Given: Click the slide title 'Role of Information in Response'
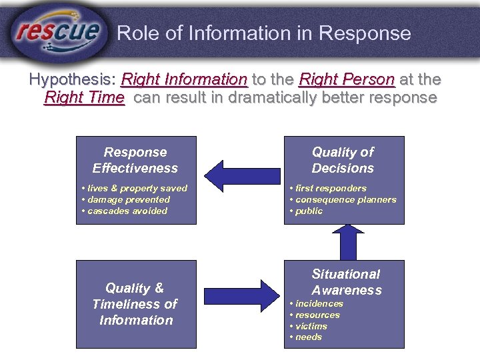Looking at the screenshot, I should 264,33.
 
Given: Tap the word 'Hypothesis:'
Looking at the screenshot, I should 72,79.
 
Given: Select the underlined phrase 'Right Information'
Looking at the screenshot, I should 184,79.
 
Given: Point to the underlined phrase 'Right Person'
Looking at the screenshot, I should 347,79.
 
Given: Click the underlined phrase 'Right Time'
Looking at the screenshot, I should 84,98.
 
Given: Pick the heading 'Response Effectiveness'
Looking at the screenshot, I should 135,160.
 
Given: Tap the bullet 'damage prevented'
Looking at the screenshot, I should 127,199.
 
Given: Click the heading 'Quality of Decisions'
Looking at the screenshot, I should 343,160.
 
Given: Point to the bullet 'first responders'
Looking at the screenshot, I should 329,188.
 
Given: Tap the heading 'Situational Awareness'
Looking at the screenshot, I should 346,281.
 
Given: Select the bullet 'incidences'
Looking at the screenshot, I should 319,303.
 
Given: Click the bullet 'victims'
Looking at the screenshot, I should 311,326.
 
